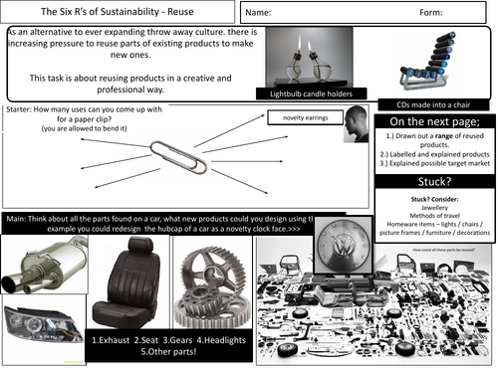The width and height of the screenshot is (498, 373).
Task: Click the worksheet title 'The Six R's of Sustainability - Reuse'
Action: (x=117, y=12)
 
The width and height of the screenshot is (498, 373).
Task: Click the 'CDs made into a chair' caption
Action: (x=430, y=102)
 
